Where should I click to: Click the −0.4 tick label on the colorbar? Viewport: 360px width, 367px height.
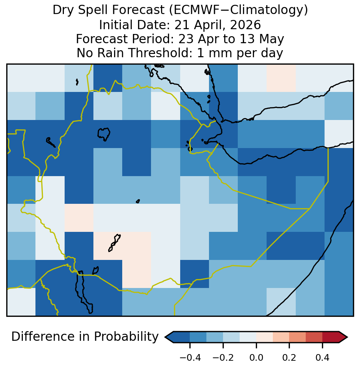pos(190,357)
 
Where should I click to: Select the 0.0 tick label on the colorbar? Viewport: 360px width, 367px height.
pos(256,357)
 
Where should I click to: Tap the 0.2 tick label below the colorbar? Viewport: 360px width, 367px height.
pos(289,357)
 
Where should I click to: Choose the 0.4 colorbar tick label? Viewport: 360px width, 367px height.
pos(322,357)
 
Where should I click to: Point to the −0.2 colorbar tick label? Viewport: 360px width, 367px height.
pos(223,357)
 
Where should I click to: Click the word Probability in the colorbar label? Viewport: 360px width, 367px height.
pos(126,337)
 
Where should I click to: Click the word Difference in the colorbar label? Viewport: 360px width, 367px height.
pos(51,337)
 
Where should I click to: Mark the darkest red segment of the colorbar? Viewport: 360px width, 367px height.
pos(330,337)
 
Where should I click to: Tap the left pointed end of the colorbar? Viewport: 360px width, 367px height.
pos(165,337)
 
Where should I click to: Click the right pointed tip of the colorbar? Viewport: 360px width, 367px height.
pos(347,337)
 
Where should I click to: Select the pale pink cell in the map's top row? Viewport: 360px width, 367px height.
pos(281,78)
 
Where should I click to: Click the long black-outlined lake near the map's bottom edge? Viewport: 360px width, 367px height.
pos(83,292)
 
